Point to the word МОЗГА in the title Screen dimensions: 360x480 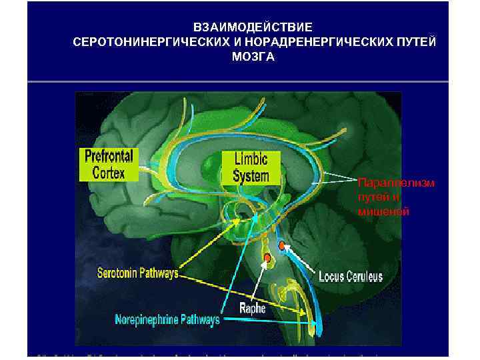point(253,57)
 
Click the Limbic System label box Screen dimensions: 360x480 point(251,167)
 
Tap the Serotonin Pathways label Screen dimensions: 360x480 point(138,273)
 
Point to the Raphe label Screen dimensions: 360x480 point(253,308)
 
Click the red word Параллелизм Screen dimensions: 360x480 point(396,183)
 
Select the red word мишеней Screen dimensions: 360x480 point(383,212)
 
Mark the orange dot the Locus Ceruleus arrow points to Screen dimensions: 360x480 point(282,246)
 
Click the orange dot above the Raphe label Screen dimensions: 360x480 point(267,257)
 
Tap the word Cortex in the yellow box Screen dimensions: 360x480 point(108,173)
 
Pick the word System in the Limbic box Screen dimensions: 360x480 point(251,176)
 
